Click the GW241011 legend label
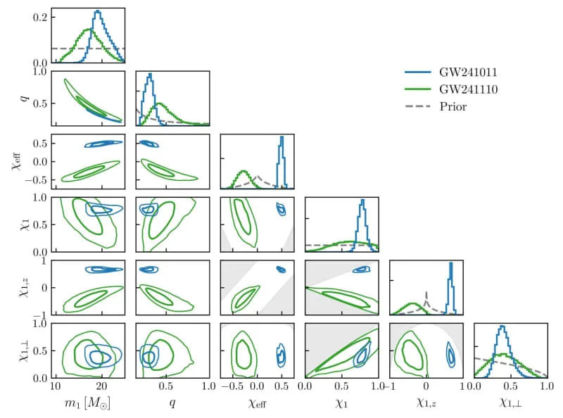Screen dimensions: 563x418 [468, 72]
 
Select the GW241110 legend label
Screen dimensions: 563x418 [469, 89]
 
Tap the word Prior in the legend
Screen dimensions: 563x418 [453, 106]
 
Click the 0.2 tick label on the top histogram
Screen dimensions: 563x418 [40, 17]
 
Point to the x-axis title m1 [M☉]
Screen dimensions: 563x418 [87, 403]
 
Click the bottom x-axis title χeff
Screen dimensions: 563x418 [257, 404]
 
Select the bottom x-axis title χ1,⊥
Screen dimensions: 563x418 [510, 403]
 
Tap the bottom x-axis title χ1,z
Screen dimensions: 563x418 [426, 403]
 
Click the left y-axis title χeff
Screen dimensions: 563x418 [17, 161]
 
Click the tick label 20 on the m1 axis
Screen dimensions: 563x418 [101, 386]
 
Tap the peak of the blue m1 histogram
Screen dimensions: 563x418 [97, 11]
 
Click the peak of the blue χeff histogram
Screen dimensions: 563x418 [282, 137]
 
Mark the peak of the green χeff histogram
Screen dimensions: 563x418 [243, 170]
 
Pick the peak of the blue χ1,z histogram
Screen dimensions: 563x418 [450, 263]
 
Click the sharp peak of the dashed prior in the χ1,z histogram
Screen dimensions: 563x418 [426, 292]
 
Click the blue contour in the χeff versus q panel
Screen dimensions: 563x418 [149, 144]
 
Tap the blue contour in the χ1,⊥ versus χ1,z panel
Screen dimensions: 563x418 [450, 355]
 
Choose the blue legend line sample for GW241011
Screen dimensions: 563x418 [418, 72]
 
